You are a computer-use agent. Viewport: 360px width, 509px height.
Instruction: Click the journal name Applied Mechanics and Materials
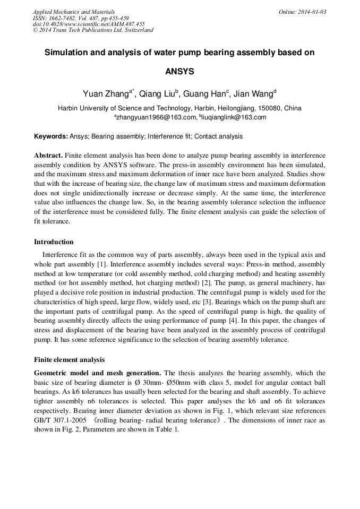pyautogui.click(x=74, y=12)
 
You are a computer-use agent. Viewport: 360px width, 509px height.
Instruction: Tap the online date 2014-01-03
pyautogui.click(x=310, y=12)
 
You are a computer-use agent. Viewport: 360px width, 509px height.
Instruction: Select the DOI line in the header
pyautogui.click(x=89, y=24)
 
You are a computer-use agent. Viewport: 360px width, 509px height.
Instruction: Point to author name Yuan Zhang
pyautogui.click(x=106, y=94)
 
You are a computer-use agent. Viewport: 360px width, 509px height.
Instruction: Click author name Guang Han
pyautogui.click(x=204, y=94)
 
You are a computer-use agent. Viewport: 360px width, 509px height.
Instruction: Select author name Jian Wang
pyautogui.click(x=254, y=94)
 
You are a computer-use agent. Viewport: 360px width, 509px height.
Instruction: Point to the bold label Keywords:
pyautogui.click(x=51, y=136)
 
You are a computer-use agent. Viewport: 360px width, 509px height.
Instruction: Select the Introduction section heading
pyautogui.click(x=54, y=242)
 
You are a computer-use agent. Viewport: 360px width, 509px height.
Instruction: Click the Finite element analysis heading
pyautogui.click(x=69, y=360)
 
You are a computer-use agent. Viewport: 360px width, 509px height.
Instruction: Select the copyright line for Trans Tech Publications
pyautogui.click(x=93, y=30)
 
